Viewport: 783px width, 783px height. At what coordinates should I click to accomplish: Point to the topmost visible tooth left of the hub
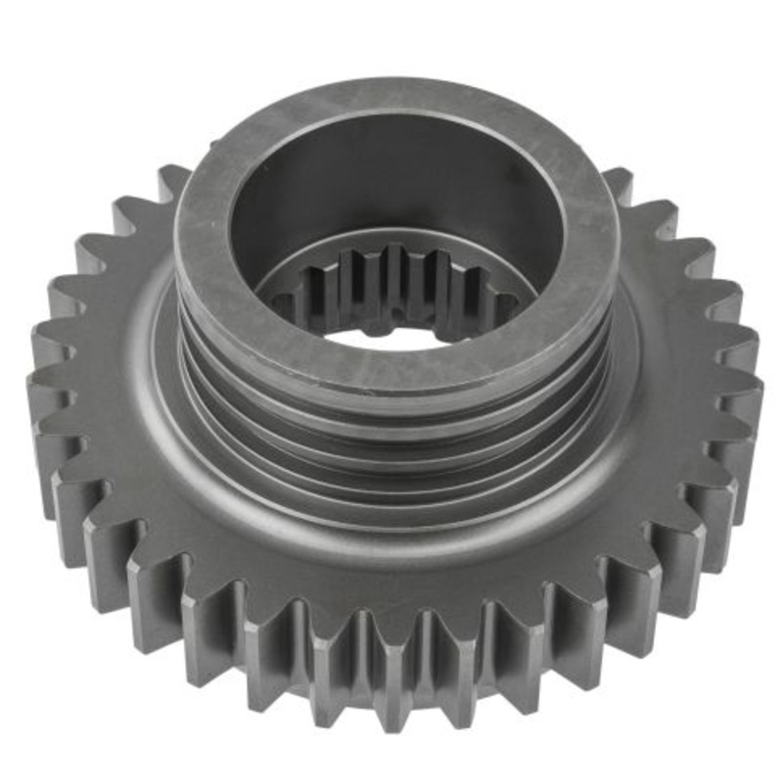[x=171, y=181]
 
